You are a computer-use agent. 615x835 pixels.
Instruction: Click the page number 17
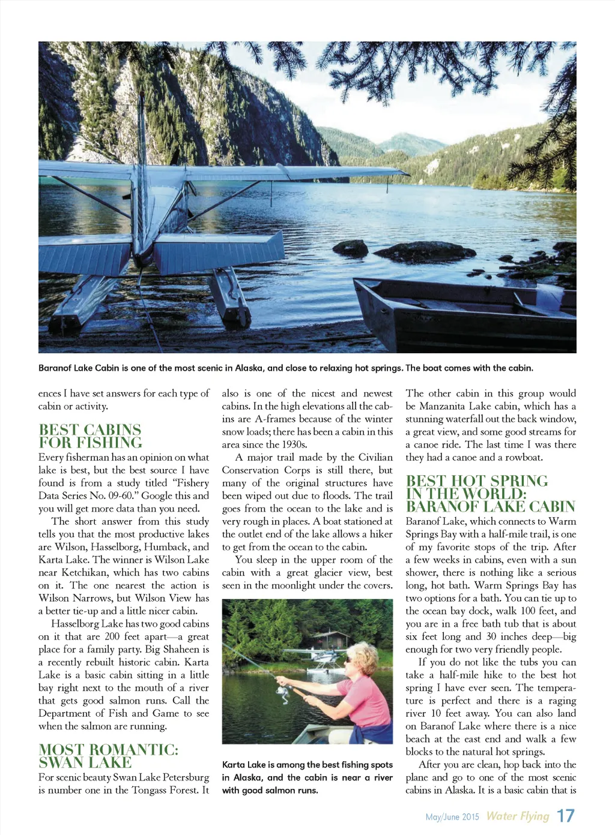coord(565,816)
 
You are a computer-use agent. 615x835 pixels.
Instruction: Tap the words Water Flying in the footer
coord(518,816)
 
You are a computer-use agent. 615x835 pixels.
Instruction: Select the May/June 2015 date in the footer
coord(452,817)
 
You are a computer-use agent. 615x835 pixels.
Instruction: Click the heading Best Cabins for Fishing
coord(90,436)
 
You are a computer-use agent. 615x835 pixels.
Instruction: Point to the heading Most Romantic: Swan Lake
coord(108,756)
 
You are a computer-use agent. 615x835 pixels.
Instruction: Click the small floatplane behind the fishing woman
coord(307,654)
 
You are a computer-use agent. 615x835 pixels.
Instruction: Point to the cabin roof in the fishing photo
coord(329,633)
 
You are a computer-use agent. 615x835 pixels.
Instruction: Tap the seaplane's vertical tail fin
coord(142,180)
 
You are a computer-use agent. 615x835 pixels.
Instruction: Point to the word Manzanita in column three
coord(446,406)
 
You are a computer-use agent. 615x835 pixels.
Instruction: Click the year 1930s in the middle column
coord(292,444)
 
